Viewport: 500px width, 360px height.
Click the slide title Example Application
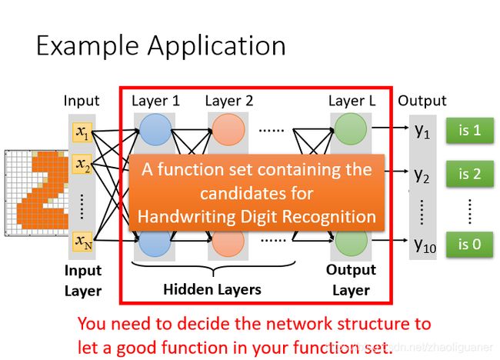161,46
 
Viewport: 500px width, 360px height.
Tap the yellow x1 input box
82,132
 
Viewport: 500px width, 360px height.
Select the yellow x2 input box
82,164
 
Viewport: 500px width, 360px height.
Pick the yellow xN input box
82,242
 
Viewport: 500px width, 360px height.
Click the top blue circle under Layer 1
155,130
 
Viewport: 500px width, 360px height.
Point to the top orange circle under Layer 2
228,130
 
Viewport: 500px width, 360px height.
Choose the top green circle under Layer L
351,129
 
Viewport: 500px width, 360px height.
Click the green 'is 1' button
470,131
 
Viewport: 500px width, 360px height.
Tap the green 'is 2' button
470,174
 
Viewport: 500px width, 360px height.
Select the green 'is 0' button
470,245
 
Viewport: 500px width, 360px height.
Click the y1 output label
422,131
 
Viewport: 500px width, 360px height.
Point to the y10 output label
425,245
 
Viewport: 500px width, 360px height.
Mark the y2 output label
422,175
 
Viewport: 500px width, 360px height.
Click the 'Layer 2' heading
229,101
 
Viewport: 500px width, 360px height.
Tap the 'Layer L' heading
352,101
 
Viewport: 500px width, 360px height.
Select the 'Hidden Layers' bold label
212,290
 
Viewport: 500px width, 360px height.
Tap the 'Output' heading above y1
422,101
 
